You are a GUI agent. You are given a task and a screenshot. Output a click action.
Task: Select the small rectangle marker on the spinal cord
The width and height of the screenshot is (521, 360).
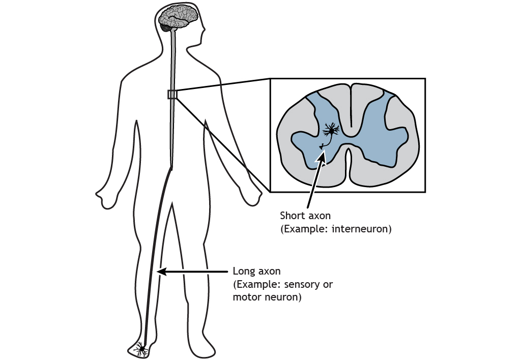[x=172, y=94]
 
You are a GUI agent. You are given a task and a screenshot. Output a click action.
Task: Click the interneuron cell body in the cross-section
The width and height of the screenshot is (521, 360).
[x=332, y=131]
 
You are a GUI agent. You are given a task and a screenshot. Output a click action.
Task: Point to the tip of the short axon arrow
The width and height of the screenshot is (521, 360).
[x=322, y=152]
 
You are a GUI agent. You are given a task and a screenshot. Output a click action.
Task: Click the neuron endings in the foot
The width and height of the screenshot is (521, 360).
[x=141, y=349]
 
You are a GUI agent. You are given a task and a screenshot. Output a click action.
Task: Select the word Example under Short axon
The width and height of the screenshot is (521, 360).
[x=304, y=229]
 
